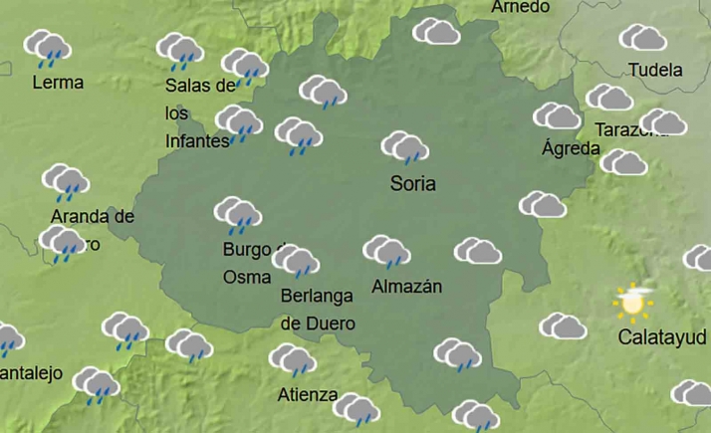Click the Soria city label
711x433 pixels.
pos(413,183)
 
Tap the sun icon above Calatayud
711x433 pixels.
pos(633,300)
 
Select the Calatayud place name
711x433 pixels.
pos(663,337)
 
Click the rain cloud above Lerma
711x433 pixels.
pos(46,47)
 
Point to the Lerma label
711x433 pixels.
pos(58,83)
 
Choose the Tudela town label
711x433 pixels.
pos(656,71)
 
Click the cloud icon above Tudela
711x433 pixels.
pos(643,39)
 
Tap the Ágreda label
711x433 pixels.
pos(571,149)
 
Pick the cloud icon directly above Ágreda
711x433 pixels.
pos(557,116)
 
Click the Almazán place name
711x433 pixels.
pos(405,287)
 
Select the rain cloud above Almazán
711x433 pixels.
pos(386,252)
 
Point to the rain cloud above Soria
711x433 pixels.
pos(404,148)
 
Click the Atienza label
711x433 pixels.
pos(308,394)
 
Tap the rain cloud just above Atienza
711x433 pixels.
pos(292,360)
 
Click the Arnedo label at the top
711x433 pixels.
pos(521,7)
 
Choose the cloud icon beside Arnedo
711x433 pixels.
pos(436,33)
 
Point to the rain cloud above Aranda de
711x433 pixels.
pos(66,182)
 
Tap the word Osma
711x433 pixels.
pos(246,277)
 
